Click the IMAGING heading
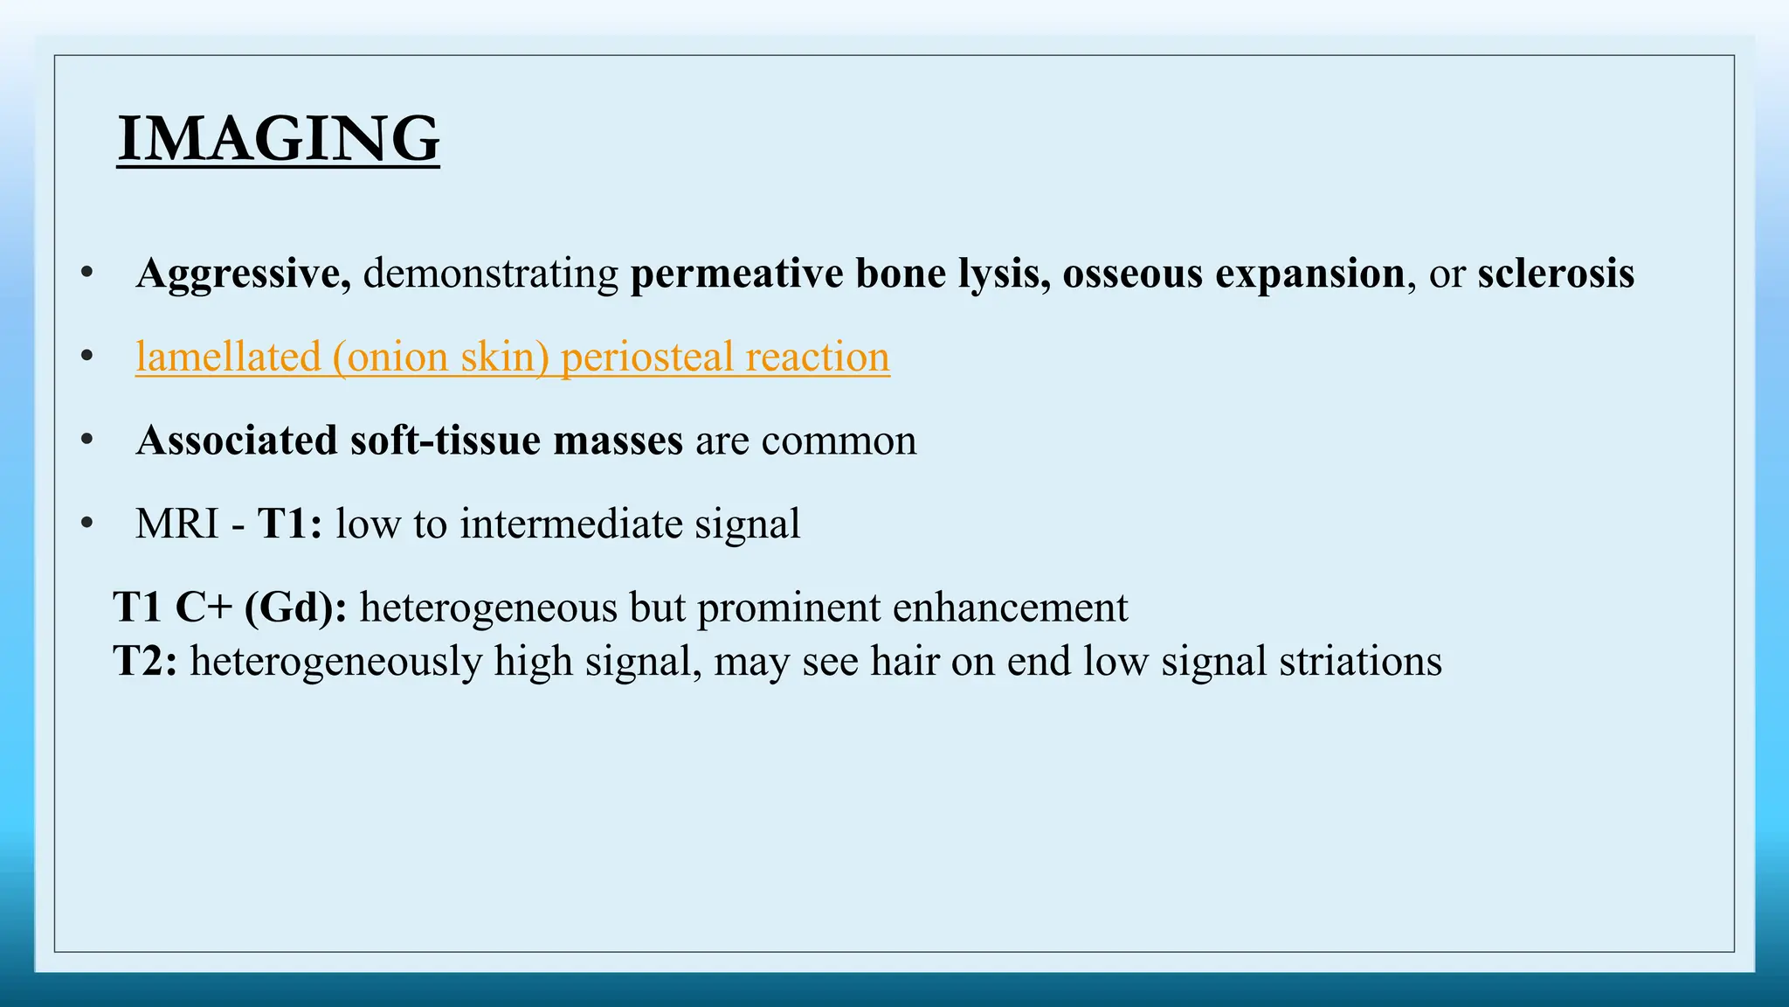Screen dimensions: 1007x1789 click(x=278, y=139)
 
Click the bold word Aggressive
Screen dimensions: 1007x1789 click(x=238, y=274)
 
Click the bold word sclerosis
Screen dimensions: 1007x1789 click(x=1555, y=274)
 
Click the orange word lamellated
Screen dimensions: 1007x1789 click(x=228, y=357)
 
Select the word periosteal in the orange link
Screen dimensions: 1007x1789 click(x=647, y=357)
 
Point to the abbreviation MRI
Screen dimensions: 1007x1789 click(x=177, y=524)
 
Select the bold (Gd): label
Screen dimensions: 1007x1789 click(x=295, y=608)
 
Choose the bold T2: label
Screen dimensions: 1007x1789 click(x=145, y=661)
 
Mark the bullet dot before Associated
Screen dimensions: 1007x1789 click(x=86, y=440)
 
